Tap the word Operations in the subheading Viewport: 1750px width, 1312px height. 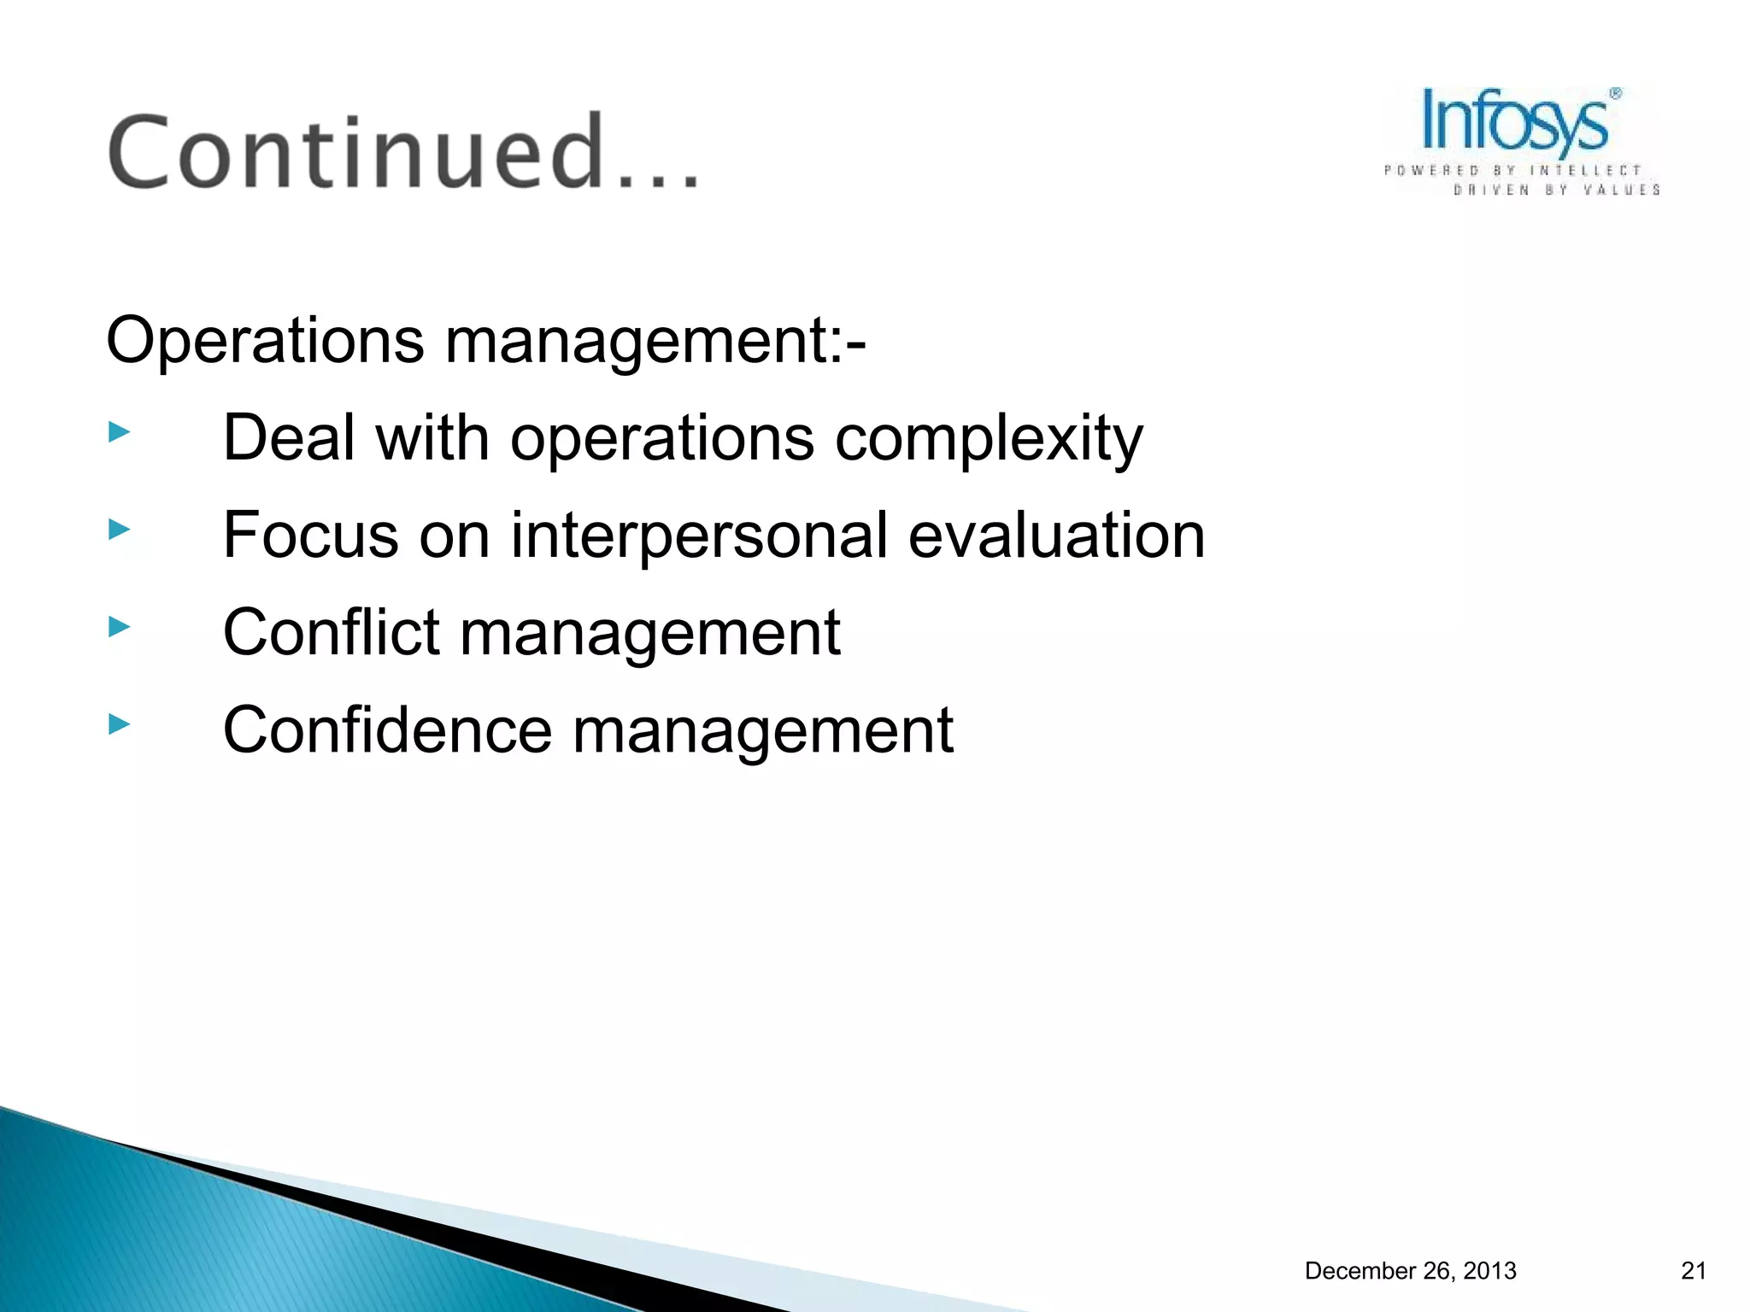point(265,341)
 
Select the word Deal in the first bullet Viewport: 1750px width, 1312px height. point(289,438)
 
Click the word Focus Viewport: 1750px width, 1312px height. point(311,536)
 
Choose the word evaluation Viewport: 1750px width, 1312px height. point(1055,536)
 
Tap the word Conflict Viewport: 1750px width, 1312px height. point(332,633)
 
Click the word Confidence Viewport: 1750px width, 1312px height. point(387,730)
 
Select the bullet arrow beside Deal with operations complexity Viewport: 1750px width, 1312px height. point(120,432)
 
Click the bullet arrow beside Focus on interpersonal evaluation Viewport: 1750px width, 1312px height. point(120,530)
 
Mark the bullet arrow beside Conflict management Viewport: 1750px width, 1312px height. point(120,628)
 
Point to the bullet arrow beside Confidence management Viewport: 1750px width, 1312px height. point(120,725)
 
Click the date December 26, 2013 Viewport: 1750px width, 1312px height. point(1410,1271)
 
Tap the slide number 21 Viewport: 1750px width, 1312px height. point(1694,1271)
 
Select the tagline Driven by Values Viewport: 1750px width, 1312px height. point(1556,190)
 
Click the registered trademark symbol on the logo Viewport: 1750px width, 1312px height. point(1615,94)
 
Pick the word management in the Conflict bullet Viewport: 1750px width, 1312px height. point(650,633)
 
